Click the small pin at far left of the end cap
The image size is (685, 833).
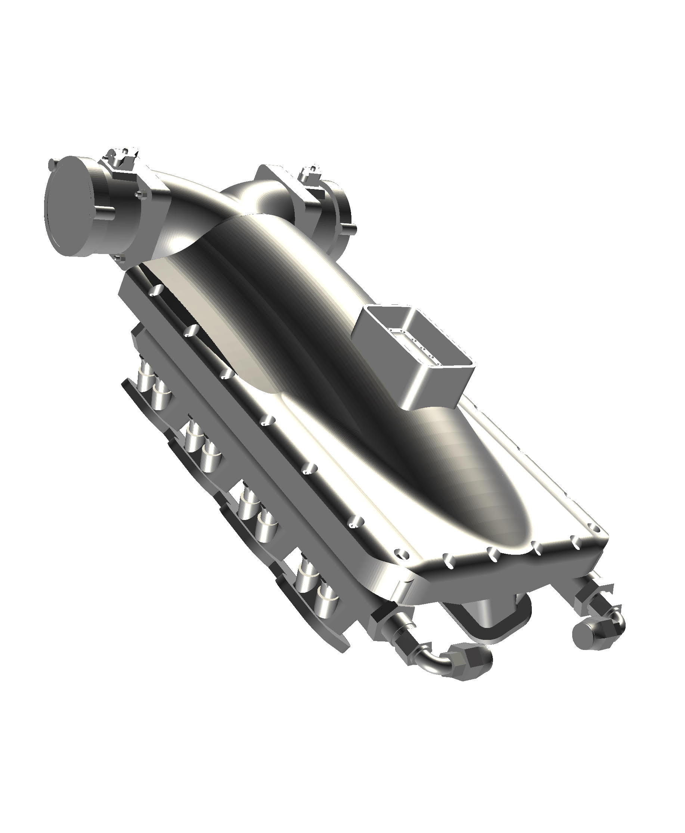pyautogui.click(x=51, y=163)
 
